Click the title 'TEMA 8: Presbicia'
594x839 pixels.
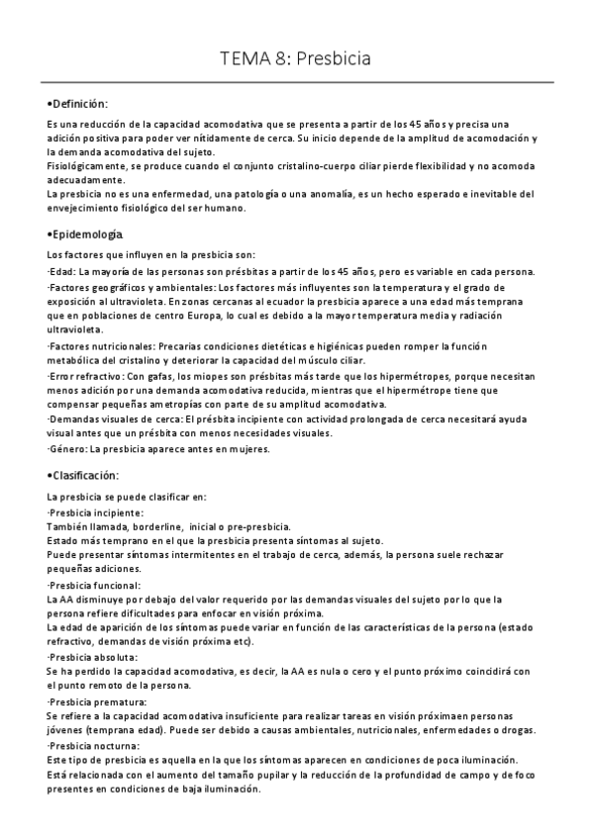(296, 59)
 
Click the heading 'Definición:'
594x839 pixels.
(79, 105)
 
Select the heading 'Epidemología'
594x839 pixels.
(86, 234)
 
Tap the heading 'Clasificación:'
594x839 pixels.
(84, 476)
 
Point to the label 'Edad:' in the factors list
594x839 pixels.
(61, 272)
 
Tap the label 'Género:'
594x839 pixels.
(65, 447)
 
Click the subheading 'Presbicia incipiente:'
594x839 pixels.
(95, 513)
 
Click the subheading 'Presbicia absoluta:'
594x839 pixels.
(93, 656)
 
